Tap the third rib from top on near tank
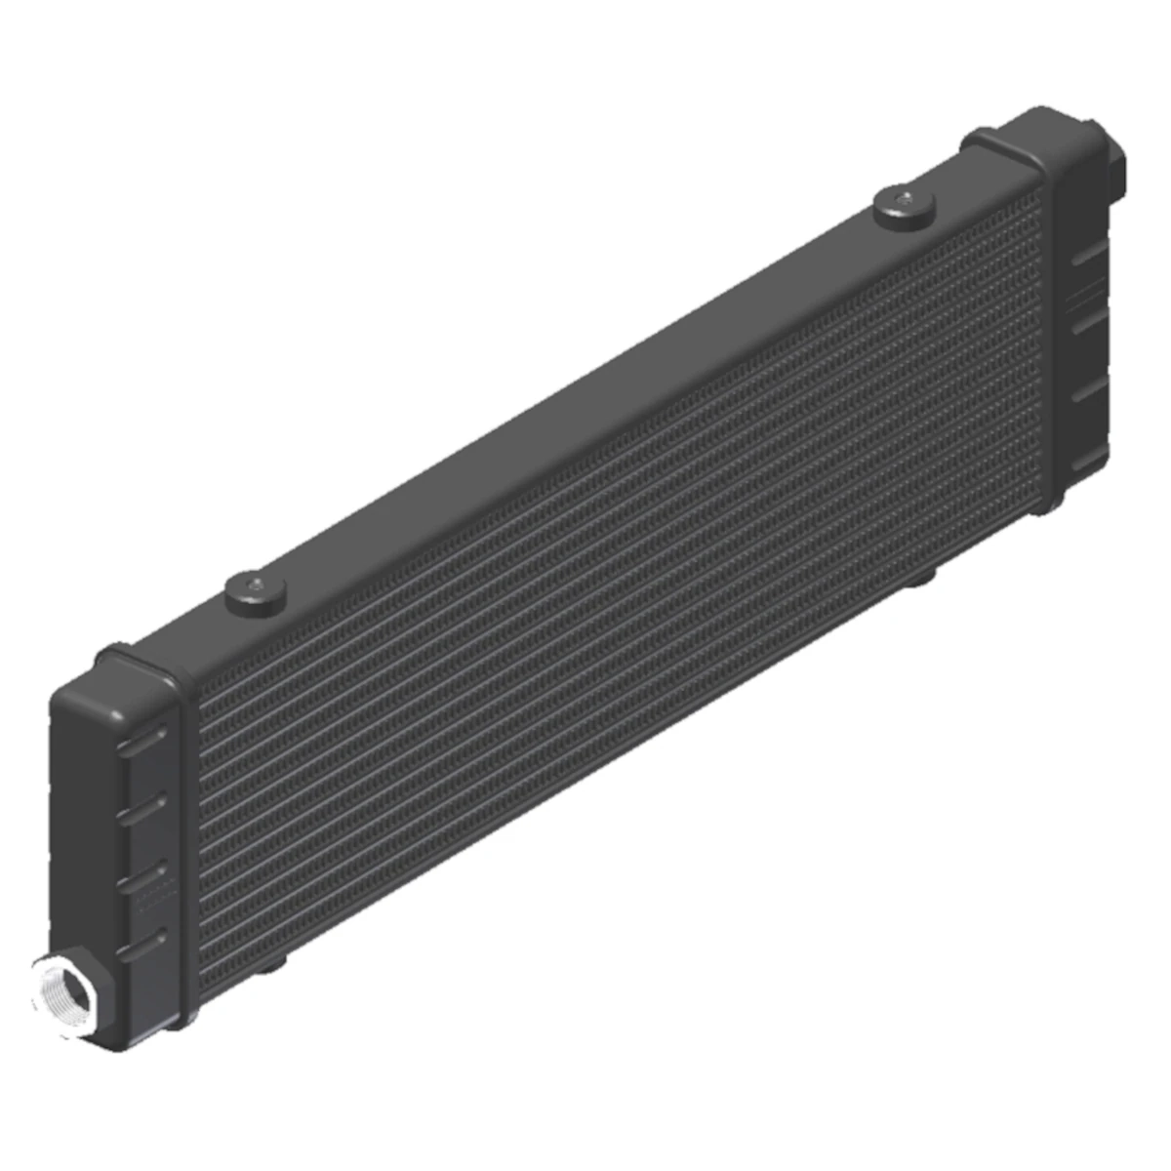[141, 876]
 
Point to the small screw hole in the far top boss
[905, 199]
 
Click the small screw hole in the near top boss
[256, 585]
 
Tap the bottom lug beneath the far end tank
[1044, 506]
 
